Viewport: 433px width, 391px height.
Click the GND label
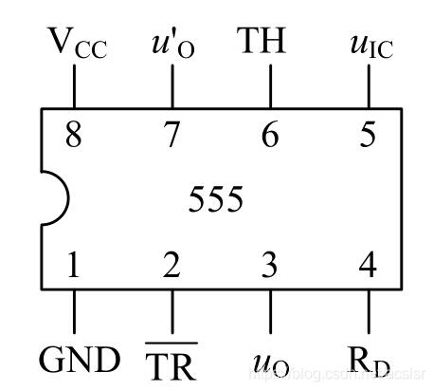pyautogui.click(x=80, y=360)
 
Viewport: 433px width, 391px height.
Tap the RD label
pyautogui.click(x=370, y=361)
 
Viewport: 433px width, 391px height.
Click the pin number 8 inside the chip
pyautogui.click(x=73, y=135)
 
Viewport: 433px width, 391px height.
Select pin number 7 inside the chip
pyautogui.click(x=171, y=135)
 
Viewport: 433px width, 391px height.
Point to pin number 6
pyautogui.click(x=270, y=135)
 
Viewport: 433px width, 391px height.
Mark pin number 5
pyautogui.click(x=368, y=135)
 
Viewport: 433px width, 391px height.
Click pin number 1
pyautogui.click(x=73, y=265)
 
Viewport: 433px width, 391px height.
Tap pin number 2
pyautogui.click(x=171, y=265)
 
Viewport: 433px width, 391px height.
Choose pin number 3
pyautogui.click(x=270, y=265)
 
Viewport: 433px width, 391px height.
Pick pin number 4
pyautogui.click(x=369, y=265)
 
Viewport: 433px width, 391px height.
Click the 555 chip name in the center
pyautogui.click(x=216, y=200)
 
